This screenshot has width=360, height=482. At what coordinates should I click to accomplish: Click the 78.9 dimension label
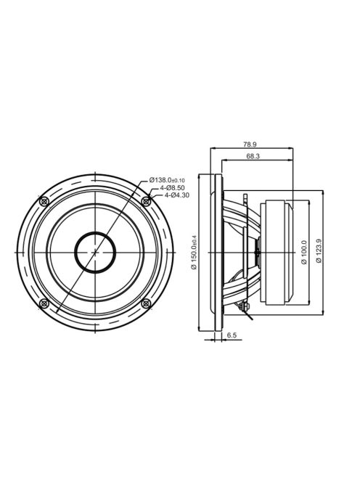[x=250, y=144]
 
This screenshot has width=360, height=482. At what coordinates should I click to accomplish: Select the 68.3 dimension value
[x=253, y=156]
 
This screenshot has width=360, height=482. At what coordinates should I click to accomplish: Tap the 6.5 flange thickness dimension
[x=232, y=335]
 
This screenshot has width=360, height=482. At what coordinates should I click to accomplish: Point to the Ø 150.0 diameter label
[x=194, y=252]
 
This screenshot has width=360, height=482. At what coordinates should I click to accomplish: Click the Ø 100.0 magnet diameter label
[x=304, y=252]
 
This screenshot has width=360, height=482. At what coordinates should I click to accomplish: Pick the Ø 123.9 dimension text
[x=319, y=251]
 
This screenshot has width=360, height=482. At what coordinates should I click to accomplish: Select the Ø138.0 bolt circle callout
[x=167, y=180]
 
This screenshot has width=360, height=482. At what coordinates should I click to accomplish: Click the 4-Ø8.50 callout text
[x=171, y=187]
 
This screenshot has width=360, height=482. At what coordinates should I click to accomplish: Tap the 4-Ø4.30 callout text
[x=176, y=195]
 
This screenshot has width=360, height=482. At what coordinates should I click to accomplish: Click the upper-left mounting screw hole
[x=44, y=202]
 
